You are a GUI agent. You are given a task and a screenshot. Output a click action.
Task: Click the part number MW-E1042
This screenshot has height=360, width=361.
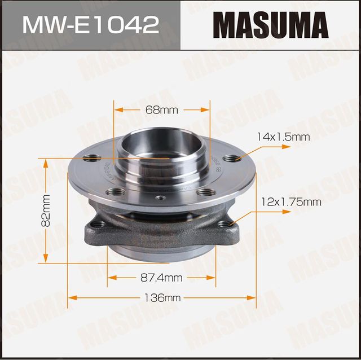[x=90, y=25]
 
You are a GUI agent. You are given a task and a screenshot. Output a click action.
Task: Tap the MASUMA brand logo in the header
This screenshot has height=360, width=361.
[x=269, y=25]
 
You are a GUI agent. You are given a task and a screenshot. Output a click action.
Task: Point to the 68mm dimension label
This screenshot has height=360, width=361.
[x=161, y=109]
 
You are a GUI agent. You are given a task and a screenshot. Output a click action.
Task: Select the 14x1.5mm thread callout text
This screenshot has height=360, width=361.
[x=283, y=137]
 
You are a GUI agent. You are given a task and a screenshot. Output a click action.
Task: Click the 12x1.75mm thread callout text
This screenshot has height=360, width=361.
[x=291, y=201]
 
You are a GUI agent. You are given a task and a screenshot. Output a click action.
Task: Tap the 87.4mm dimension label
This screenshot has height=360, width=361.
[x=161, y=277]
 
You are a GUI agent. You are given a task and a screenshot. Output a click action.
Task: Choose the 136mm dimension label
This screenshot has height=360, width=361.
[x=161, y=297]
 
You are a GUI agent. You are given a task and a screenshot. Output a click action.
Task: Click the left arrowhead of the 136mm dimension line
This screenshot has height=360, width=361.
[x=71, y=297]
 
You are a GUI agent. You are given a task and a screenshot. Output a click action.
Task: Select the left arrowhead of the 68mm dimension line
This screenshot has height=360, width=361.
[x=116, y=109]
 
